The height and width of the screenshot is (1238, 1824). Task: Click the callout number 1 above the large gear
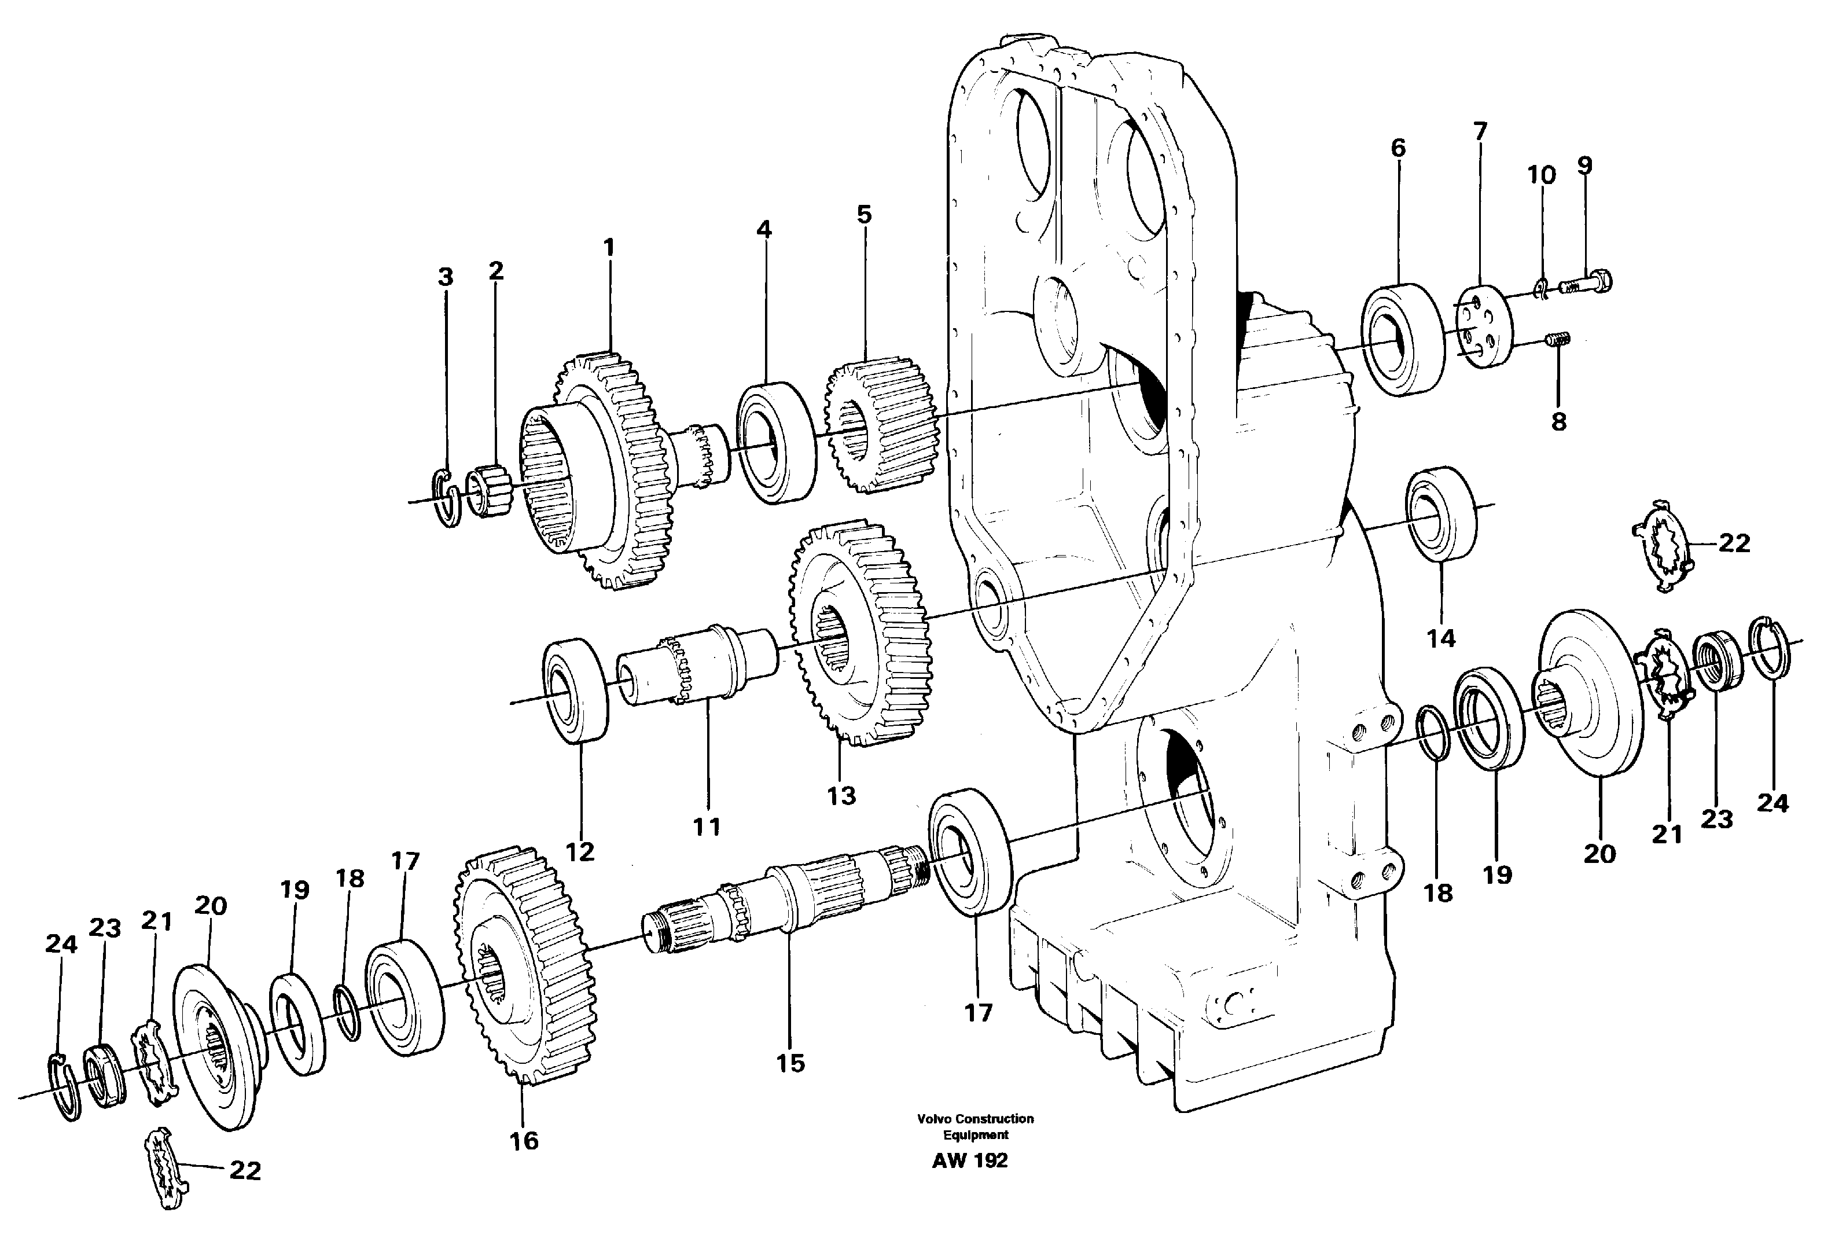click(x=609, y=248)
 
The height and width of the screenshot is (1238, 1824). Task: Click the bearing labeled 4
click(x=775, y=442)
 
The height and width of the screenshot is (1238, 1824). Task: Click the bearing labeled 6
click(x=1401, y=339)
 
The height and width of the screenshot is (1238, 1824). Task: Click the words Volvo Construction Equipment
click(x=975, y=1126)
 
